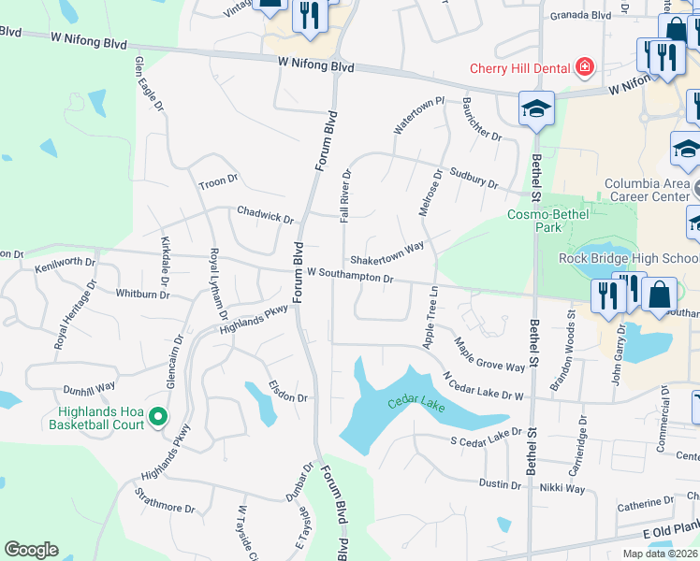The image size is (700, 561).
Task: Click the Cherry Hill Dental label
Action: click(x=520, y=67)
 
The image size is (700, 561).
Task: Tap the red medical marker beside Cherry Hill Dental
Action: click(x=585, y=67)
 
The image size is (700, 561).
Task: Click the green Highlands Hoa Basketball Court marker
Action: click(x=158, y=417)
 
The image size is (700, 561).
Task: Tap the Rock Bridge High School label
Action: click(x=629, y=258)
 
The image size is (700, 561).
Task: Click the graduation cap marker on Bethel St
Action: click(x=537, y=109)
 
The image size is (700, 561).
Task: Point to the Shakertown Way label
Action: click(x=386, y=253)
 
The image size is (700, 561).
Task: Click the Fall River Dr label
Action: click(x=345, y=195)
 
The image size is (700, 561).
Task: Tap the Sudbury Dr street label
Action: click(x=473, y=177)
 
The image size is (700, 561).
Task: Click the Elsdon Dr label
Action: click(x=287, y=391)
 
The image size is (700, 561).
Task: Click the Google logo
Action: click(x=31, y=550)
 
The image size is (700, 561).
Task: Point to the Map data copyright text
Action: click(x=659, y=554)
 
